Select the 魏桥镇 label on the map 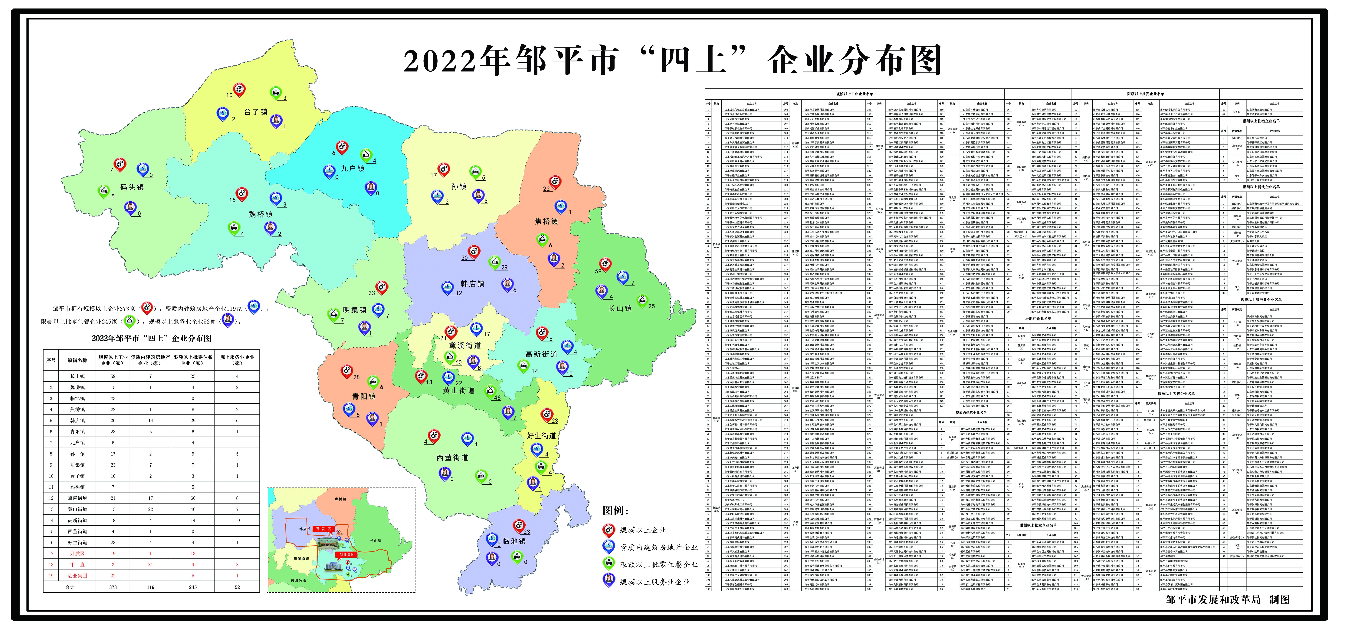261,214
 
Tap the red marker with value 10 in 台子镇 239,90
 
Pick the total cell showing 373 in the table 113,587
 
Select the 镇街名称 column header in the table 77,360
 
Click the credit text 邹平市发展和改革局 1213,600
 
